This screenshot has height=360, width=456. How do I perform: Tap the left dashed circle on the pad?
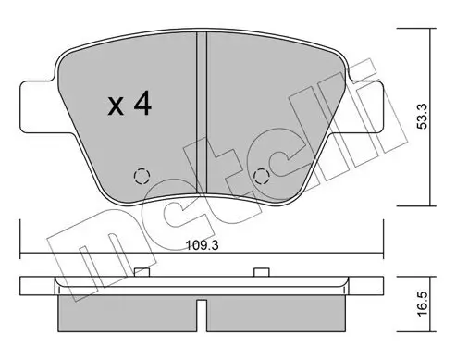pos(141,175)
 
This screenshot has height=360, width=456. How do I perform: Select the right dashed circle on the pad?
pos(261,175)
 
